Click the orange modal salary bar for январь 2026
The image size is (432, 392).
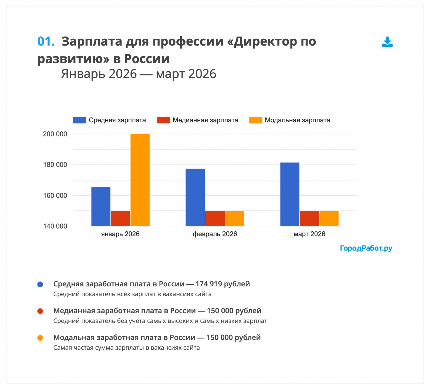click(140, 180)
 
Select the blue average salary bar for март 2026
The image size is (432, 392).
click(290, 194)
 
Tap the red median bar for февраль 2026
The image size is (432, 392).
click(215, 218)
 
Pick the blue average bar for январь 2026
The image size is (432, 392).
click(101, 206)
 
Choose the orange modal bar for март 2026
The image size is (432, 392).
click(329, 218)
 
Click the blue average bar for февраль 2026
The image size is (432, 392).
click(195, 197)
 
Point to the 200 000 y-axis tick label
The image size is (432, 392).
click(55, 134)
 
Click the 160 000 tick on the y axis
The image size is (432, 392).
click(55, 195)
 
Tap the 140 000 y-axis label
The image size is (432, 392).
click(55, 226)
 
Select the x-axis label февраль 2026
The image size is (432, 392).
click(215, 234)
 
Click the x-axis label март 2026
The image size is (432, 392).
click(309, 234)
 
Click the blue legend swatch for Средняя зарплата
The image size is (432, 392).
click(79, 120)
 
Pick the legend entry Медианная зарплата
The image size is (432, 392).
click(205, 120)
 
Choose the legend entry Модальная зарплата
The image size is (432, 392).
click(297, 120)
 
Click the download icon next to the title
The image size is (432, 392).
click(387, 42)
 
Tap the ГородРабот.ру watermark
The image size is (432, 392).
click(366, 248)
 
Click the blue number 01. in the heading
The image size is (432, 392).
click(46, 41)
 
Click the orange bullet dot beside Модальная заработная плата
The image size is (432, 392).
click(40, 338)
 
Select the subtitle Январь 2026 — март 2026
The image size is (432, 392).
click(139, 74)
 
